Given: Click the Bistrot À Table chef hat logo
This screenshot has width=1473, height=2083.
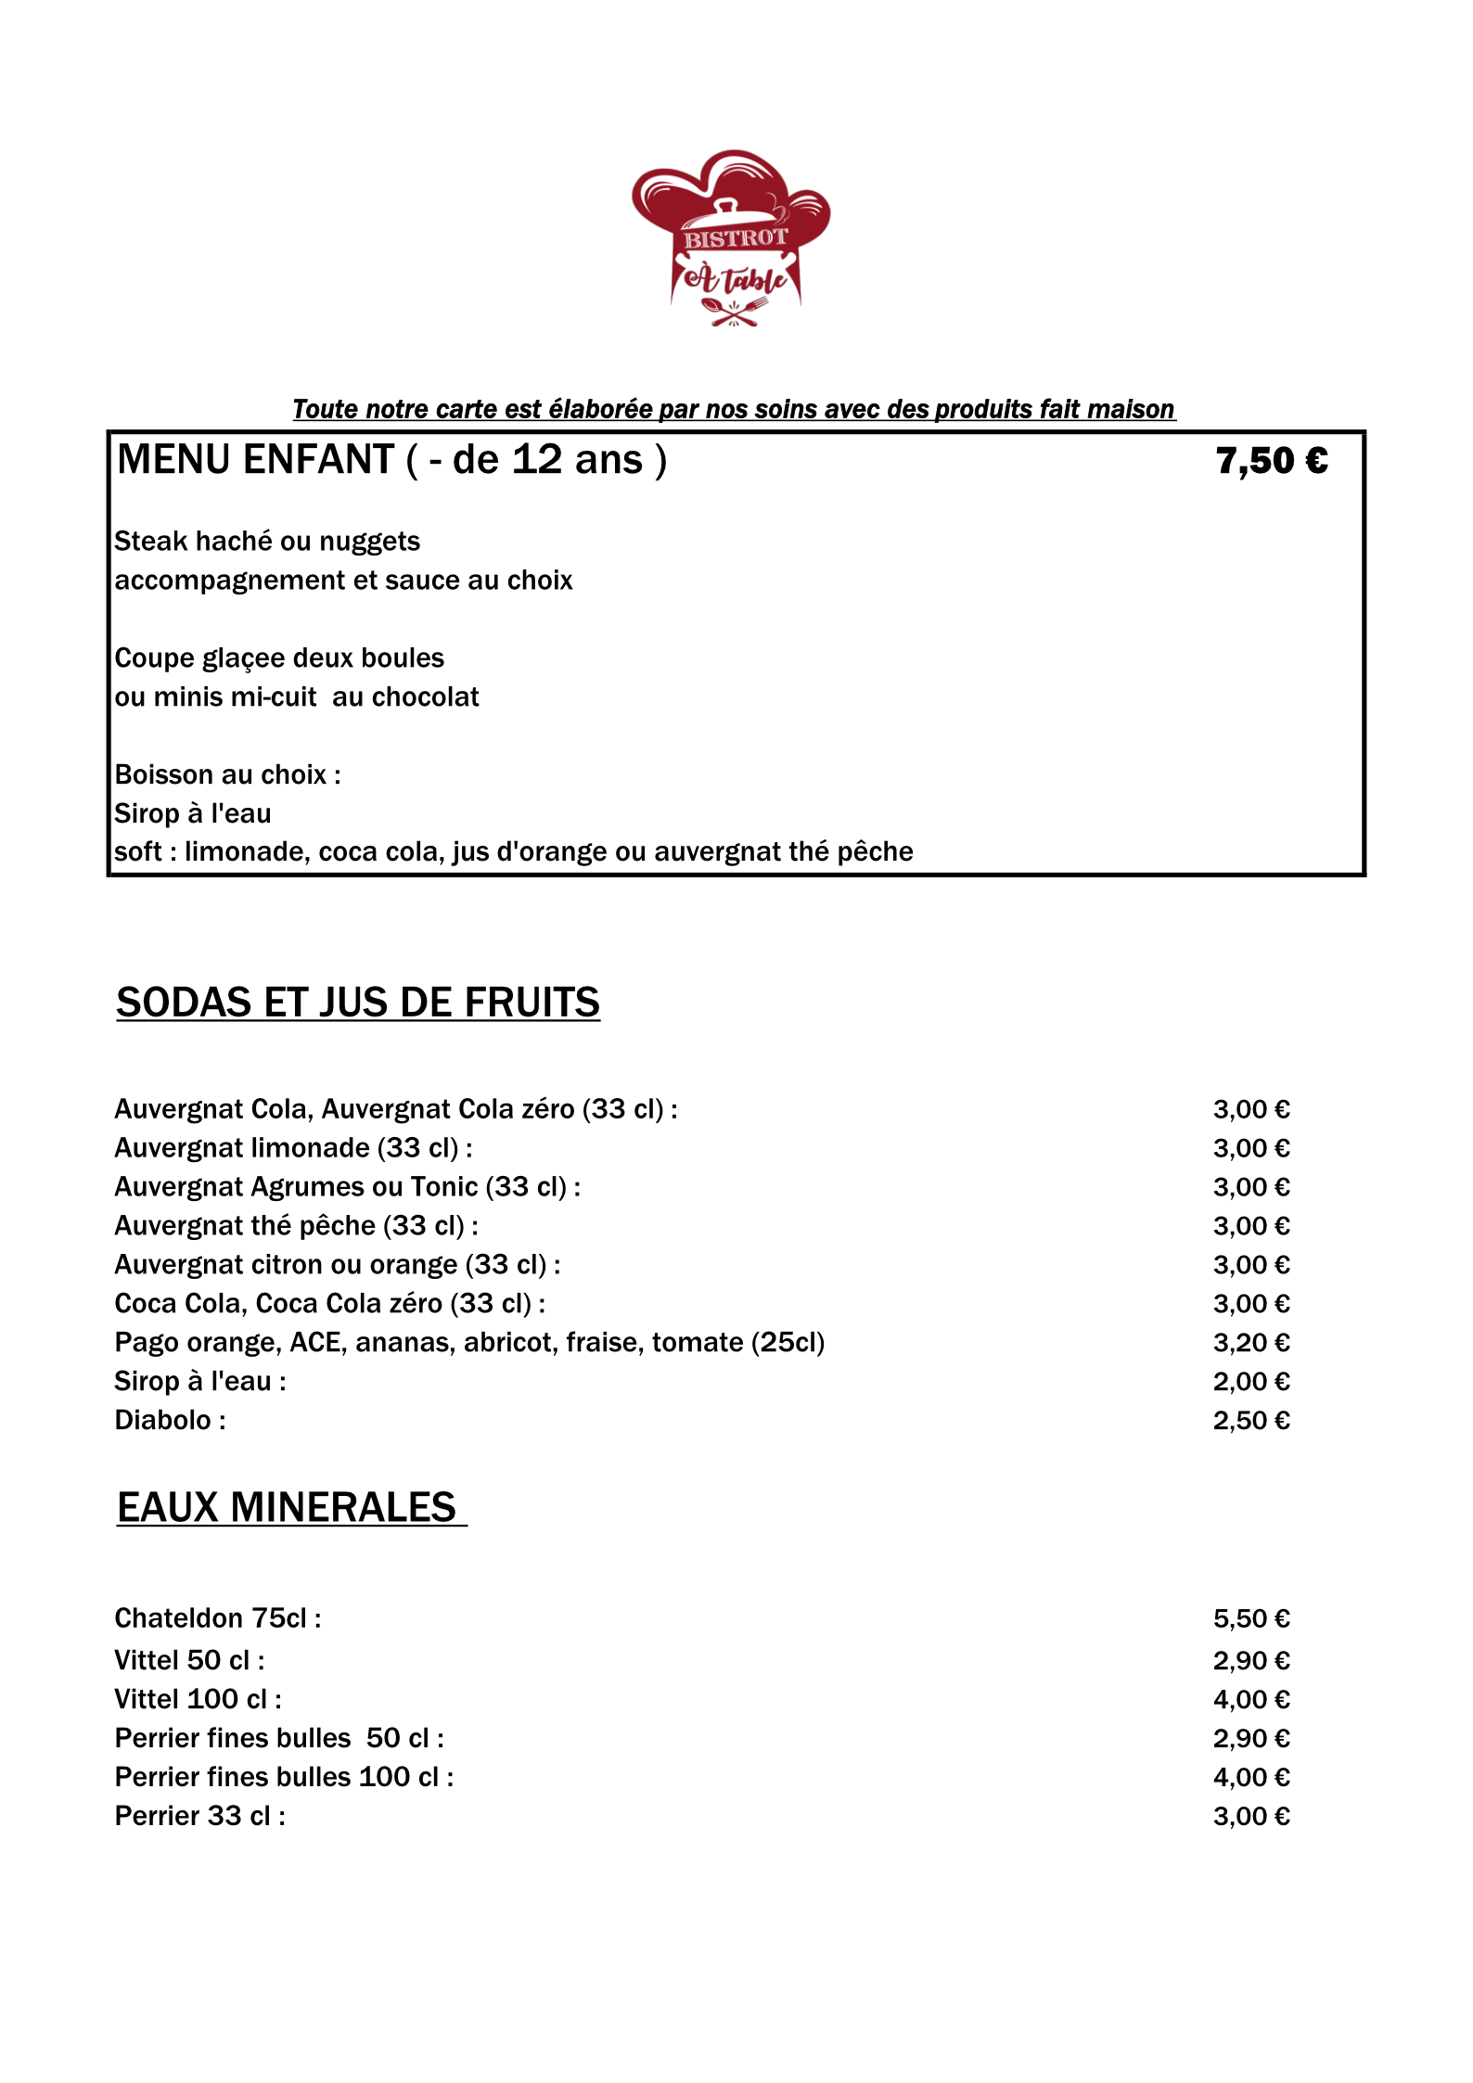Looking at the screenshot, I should point(732,237).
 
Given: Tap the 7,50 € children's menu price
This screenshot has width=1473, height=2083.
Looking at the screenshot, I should point(1271,461).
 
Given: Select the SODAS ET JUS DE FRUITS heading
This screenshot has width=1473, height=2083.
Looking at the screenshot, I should point(358,1003).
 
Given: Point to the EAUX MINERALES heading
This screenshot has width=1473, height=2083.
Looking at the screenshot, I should point(287,1508).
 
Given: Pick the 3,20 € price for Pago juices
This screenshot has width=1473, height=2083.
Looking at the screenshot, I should point(1250,1343).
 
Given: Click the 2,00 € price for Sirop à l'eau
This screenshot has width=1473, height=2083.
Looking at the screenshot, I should point(1250,1382).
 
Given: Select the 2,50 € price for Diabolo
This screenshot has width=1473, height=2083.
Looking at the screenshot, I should point(1250,1421).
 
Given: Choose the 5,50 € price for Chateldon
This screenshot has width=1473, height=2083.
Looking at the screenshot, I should point(1250,1619).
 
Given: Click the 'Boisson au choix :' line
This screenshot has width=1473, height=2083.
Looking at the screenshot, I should point(227,775).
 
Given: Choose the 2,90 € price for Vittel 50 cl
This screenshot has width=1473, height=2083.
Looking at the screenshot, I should point(1250,1661).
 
